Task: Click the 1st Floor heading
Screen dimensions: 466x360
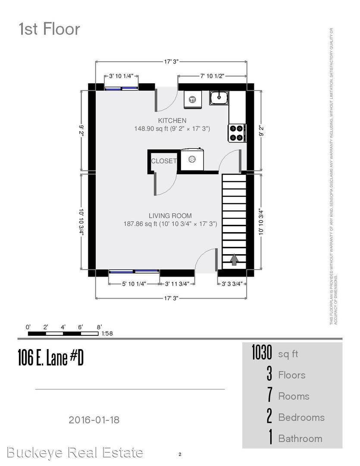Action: point(49,29)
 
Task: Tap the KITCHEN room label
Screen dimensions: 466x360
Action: point(172,120)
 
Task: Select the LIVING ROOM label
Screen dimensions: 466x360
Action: point(170,216)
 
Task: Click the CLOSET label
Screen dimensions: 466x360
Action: point(163,161)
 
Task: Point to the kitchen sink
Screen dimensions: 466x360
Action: point(219,98)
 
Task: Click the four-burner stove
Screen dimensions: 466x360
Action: point(237,132)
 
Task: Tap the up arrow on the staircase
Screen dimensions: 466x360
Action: point(234,259)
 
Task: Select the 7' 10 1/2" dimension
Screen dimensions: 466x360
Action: point(212,76)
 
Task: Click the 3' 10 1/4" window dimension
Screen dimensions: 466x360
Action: point(122,76)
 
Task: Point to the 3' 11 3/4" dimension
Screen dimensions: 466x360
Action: point(177,284)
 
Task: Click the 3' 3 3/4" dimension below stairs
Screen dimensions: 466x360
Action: point(232,284)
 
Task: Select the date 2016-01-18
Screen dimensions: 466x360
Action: point(94,419)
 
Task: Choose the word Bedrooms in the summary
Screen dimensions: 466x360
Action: point(301,417)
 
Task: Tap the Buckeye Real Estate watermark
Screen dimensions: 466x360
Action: point(75,453)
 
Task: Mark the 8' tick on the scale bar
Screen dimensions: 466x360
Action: point(99,327)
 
